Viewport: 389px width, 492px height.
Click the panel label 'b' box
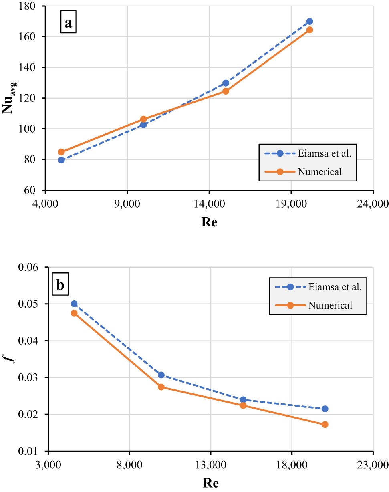point(60,285)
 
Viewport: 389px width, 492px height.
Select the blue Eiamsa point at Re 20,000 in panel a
point(309,22)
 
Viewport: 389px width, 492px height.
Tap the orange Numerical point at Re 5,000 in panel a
point(61,152)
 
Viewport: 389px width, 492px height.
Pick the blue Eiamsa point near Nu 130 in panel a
point(226,83)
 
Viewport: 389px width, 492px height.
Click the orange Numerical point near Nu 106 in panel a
point(143,119)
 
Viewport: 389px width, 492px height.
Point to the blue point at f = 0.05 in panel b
point(74,304)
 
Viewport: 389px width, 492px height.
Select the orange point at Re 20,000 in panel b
point(325,425)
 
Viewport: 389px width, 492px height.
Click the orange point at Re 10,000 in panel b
point(161,387)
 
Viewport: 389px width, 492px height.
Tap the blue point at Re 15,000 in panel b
point(243,400)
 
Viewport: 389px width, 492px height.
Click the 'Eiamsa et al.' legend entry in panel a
point(306,153)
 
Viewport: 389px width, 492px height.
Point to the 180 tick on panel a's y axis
point(29,6)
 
